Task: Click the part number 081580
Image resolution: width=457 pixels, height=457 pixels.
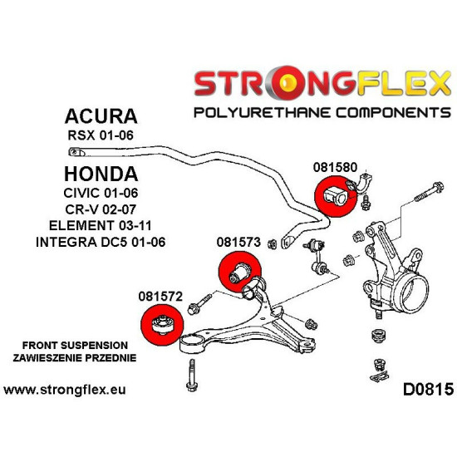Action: tap(335, 165)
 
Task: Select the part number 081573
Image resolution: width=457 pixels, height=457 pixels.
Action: tap(238, 243)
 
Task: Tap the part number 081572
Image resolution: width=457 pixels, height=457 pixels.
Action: tap(160, 294)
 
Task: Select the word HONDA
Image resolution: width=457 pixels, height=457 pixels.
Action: tap(101, 174)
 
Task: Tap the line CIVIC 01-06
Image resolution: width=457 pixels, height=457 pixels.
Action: tap(101, 195)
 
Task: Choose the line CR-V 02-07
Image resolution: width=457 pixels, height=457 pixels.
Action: tap(101, 211)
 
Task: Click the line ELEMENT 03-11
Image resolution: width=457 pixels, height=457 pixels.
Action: tap(101, 227)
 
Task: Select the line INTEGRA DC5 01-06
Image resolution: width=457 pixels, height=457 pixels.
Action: tap(101, 243)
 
